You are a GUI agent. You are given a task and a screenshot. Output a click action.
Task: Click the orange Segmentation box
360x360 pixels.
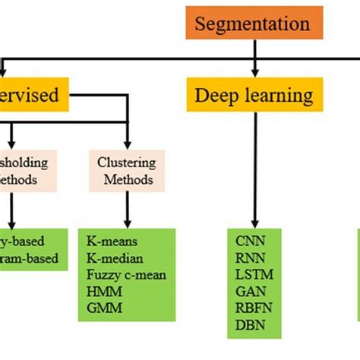coord(252,24)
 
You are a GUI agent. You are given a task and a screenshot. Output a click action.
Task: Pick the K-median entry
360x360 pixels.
coord(115,257)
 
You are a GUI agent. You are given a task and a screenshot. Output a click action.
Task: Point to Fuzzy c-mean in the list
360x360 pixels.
coord(126,274)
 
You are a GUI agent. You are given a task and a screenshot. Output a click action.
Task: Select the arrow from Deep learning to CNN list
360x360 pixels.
coord(254,167)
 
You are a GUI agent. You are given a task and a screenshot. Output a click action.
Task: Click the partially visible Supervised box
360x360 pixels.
coord(34,96)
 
